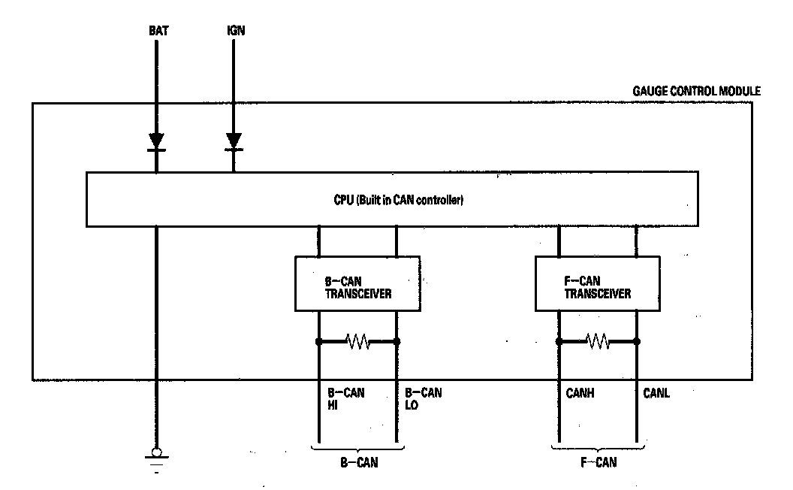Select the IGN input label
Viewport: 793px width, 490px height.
tap(234, 32)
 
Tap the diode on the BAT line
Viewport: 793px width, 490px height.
tap(156, 141)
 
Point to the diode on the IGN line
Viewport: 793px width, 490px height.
tap(234, 141)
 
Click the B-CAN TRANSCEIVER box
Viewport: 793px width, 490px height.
tap(357, 283)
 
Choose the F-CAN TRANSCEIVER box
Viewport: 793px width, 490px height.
tap(598, 283)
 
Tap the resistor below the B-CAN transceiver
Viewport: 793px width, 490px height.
tap(357, 342)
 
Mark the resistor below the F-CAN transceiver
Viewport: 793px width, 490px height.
tap(598, 342)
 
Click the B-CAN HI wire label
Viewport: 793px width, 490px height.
tap(345, 398)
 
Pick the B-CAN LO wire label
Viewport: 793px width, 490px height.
tap(423, 398)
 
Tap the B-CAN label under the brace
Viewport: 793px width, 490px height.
tap(357, 463)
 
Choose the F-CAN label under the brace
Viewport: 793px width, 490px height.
tap(598, 463)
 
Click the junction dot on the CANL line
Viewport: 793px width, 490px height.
tap(637, 342)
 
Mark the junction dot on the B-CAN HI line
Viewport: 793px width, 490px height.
tap(319, 342)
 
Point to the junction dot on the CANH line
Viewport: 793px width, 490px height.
tap(559, 342)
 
